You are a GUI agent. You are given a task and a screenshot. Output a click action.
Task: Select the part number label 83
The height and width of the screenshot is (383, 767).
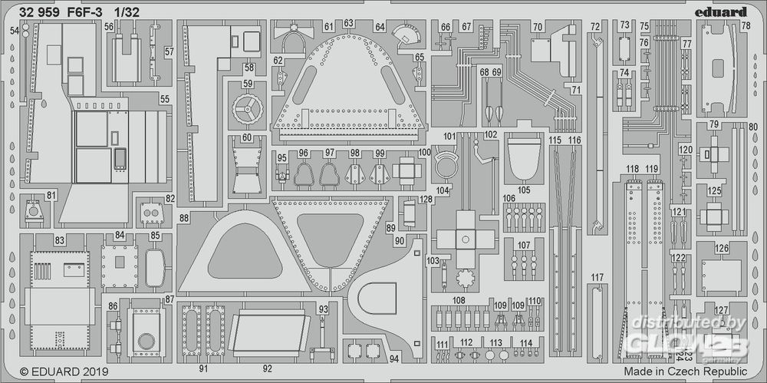point(58,241)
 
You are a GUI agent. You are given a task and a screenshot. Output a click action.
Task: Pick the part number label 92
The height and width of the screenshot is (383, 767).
point(267,368)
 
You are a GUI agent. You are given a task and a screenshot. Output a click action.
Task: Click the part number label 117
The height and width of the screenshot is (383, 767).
point(598,278)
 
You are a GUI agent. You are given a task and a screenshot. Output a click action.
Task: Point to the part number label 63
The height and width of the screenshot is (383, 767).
point(349,24)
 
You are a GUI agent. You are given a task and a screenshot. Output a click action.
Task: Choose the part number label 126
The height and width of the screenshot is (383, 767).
point(721,247)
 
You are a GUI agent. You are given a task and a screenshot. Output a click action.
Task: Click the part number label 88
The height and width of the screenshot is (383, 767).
point(184,218)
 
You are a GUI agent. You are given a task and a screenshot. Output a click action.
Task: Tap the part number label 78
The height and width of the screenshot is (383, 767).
point(745,26)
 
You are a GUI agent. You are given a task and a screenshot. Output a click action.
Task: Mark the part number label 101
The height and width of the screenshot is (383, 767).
point(449,137)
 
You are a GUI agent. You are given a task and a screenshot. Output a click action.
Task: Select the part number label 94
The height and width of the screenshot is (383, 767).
point(393,358)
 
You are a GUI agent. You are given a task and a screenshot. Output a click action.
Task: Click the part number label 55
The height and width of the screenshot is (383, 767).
point(164,98)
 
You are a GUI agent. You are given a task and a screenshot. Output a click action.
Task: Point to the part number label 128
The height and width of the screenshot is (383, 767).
point(426,199)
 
